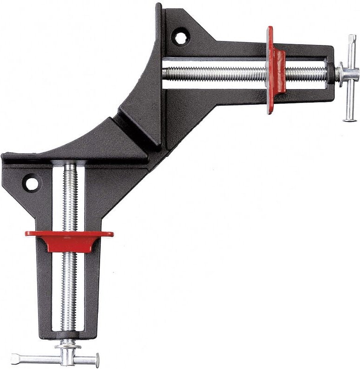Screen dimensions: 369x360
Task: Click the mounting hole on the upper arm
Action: click(180, 36)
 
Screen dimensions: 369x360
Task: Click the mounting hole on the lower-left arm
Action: click(32, 184)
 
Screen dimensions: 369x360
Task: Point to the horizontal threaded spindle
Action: click(218, 73)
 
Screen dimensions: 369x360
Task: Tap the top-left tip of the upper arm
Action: click(158, 6)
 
